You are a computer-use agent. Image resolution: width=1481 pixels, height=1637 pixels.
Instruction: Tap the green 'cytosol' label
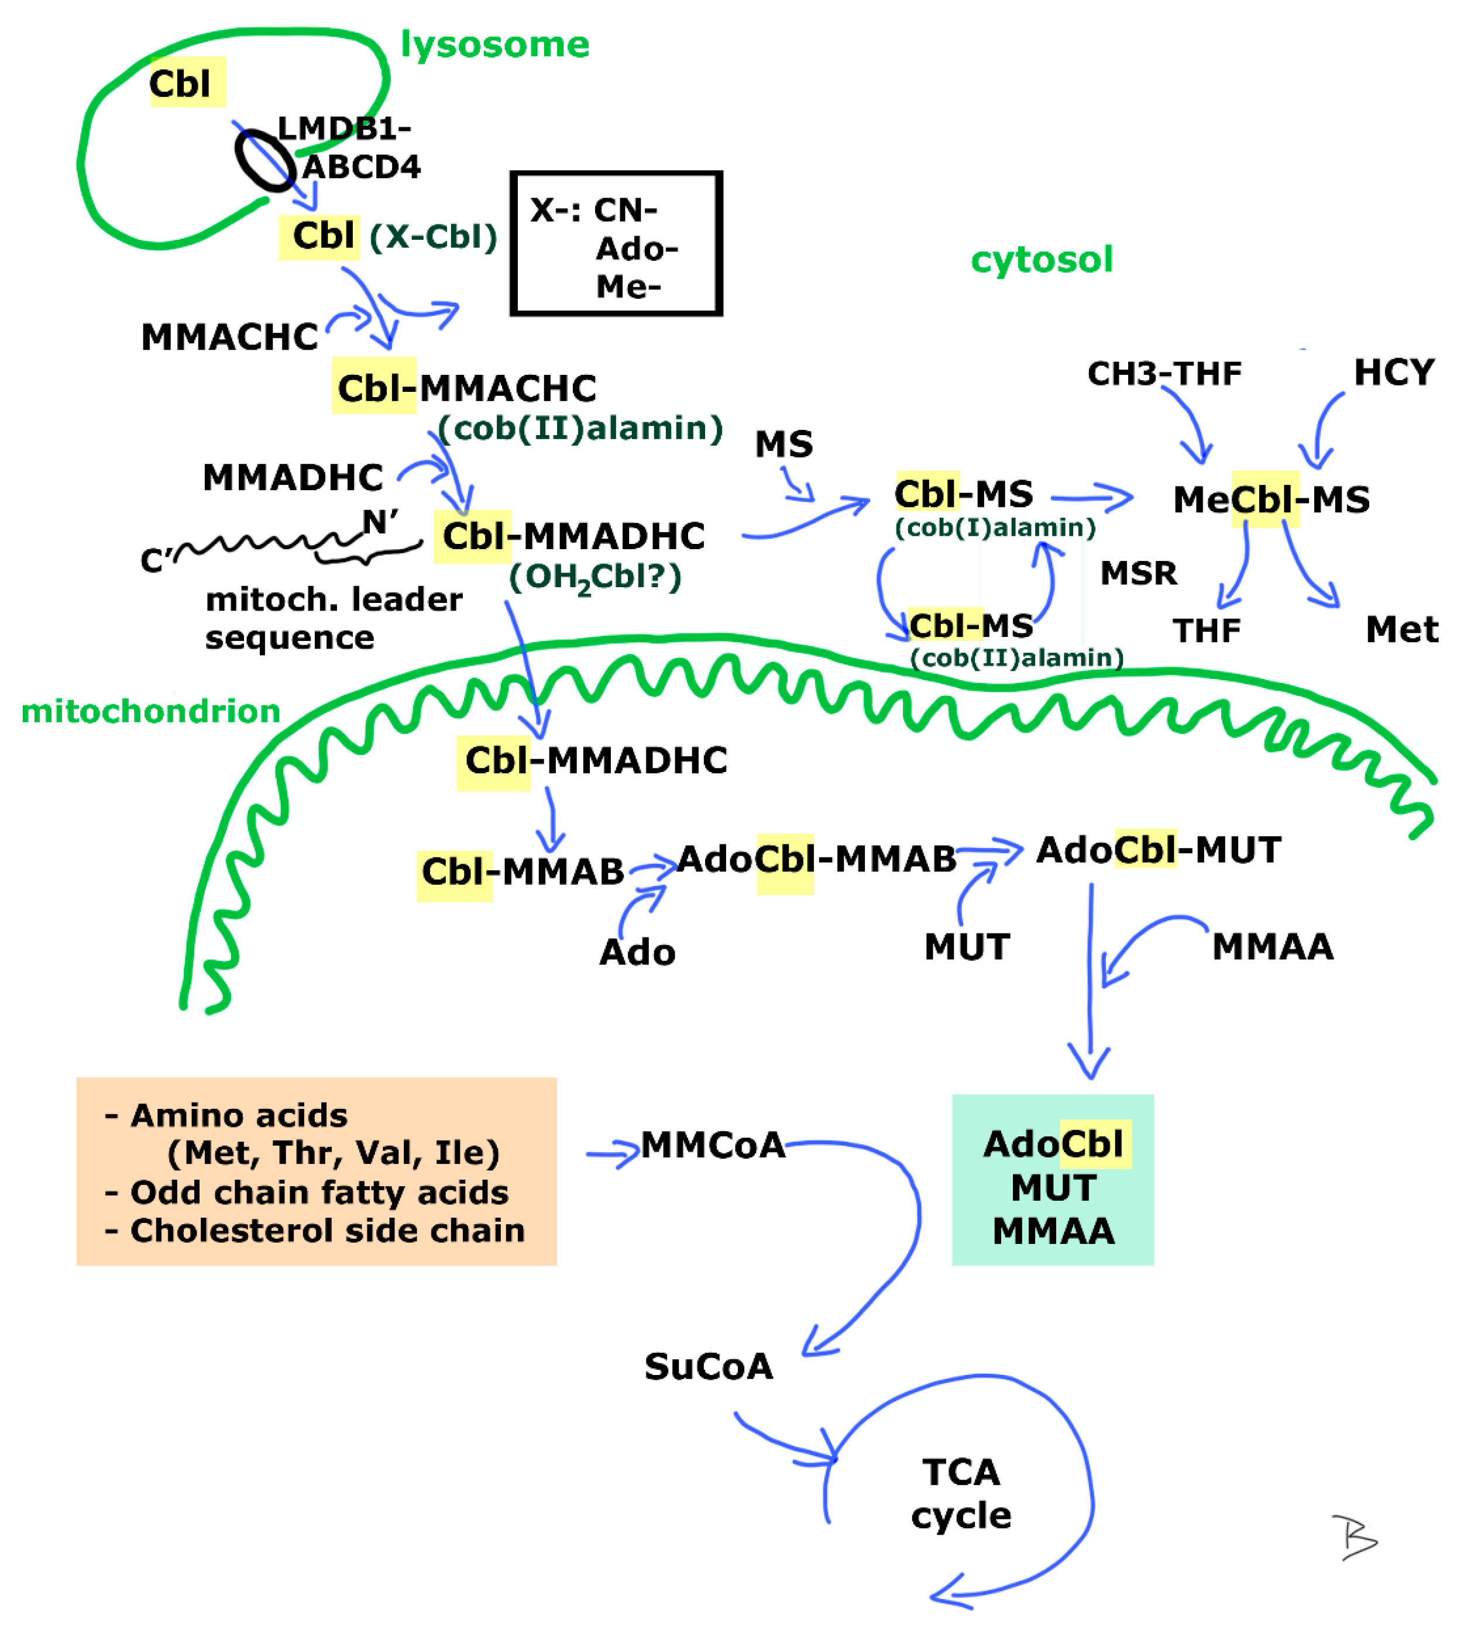1041,260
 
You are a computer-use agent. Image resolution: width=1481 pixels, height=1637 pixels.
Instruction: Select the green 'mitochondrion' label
150,711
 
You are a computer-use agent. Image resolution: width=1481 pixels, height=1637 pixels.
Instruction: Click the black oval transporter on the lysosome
264,161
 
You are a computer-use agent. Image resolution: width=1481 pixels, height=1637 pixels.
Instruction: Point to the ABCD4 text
362,167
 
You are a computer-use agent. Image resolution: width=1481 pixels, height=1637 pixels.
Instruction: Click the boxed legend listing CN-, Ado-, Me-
616,244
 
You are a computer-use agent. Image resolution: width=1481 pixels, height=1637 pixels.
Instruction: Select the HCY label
1393,373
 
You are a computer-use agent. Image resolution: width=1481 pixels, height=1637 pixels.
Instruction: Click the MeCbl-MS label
1270,499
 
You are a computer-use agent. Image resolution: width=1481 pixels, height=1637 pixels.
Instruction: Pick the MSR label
1138,573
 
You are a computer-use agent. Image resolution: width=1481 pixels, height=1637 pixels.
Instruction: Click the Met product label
1401,629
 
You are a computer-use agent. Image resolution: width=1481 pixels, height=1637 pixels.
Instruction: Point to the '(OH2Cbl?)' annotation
595,577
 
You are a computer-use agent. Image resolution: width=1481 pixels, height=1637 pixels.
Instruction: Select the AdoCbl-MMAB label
816,859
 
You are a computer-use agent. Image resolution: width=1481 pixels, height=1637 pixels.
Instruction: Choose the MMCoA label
713,1146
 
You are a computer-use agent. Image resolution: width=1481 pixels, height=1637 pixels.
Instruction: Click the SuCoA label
709,1367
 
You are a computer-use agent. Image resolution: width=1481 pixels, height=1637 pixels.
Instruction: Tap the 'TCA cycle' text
960,1494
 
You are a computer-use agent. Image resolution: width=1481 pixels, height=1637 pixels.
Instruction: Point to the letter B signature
1353,1537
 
